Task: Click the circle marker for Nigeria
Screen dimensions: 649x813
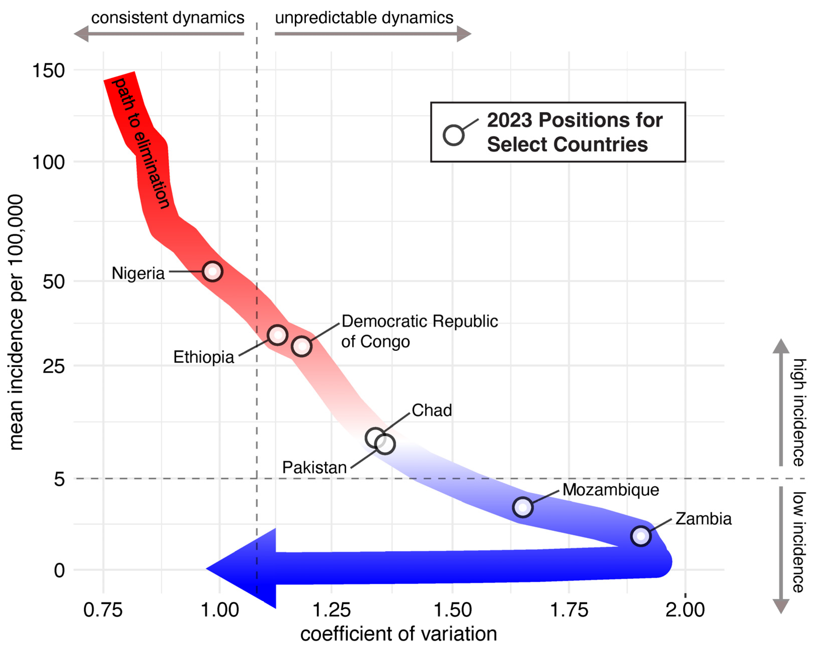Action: tap(212, 271)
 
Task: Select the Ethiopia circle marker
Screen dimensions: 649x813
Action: tap(278, 335)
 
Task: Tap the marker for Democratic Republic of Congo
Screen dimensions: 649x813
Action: tap(301, 346)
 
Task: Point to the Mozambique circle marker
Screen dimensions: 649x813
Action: tap(523, 507)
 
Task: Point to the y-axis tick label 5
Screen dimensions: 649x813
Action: tap(59, 479)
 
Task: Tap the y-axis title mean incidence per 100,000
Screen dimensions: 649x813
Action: tap(16, 322)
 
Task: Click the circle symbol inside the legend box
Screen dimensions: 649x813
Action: tap(453, 135)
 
